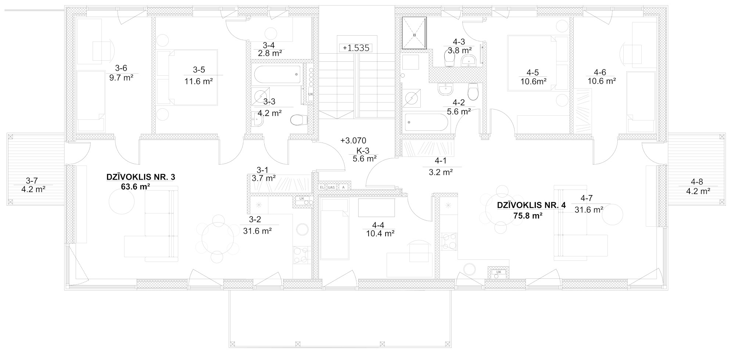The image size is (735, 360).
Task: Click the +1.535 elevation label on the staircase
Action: click(x=355, y=48)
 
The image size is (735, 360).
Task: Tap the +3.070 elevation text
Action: click(x=353, y=140)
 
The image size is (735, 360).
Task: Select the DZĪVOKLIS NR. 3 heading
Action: click(x=141, y=177)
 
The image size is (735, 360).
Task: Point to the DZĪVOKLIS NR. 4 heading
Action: click(x=531, y=205)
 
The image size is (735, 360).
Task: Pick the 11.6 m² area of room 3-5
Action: click(x=198, y=82)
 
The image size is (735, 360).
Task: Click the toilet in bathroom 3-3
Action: click(x=299, y=120)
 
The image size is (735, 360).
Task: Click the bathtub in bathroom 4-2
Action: click(x=426, y=122)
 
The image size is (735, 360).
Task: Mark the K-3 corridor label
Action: click(x=362, y=150)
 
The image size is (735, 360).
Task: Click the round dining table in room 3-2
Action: click(x=218, y=238)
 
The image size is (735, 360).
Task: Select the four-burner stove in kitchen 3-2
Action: click(x=301, y=255)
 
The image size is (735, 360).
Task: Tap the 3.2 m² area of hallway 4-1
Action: click(x=440, y=172)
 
